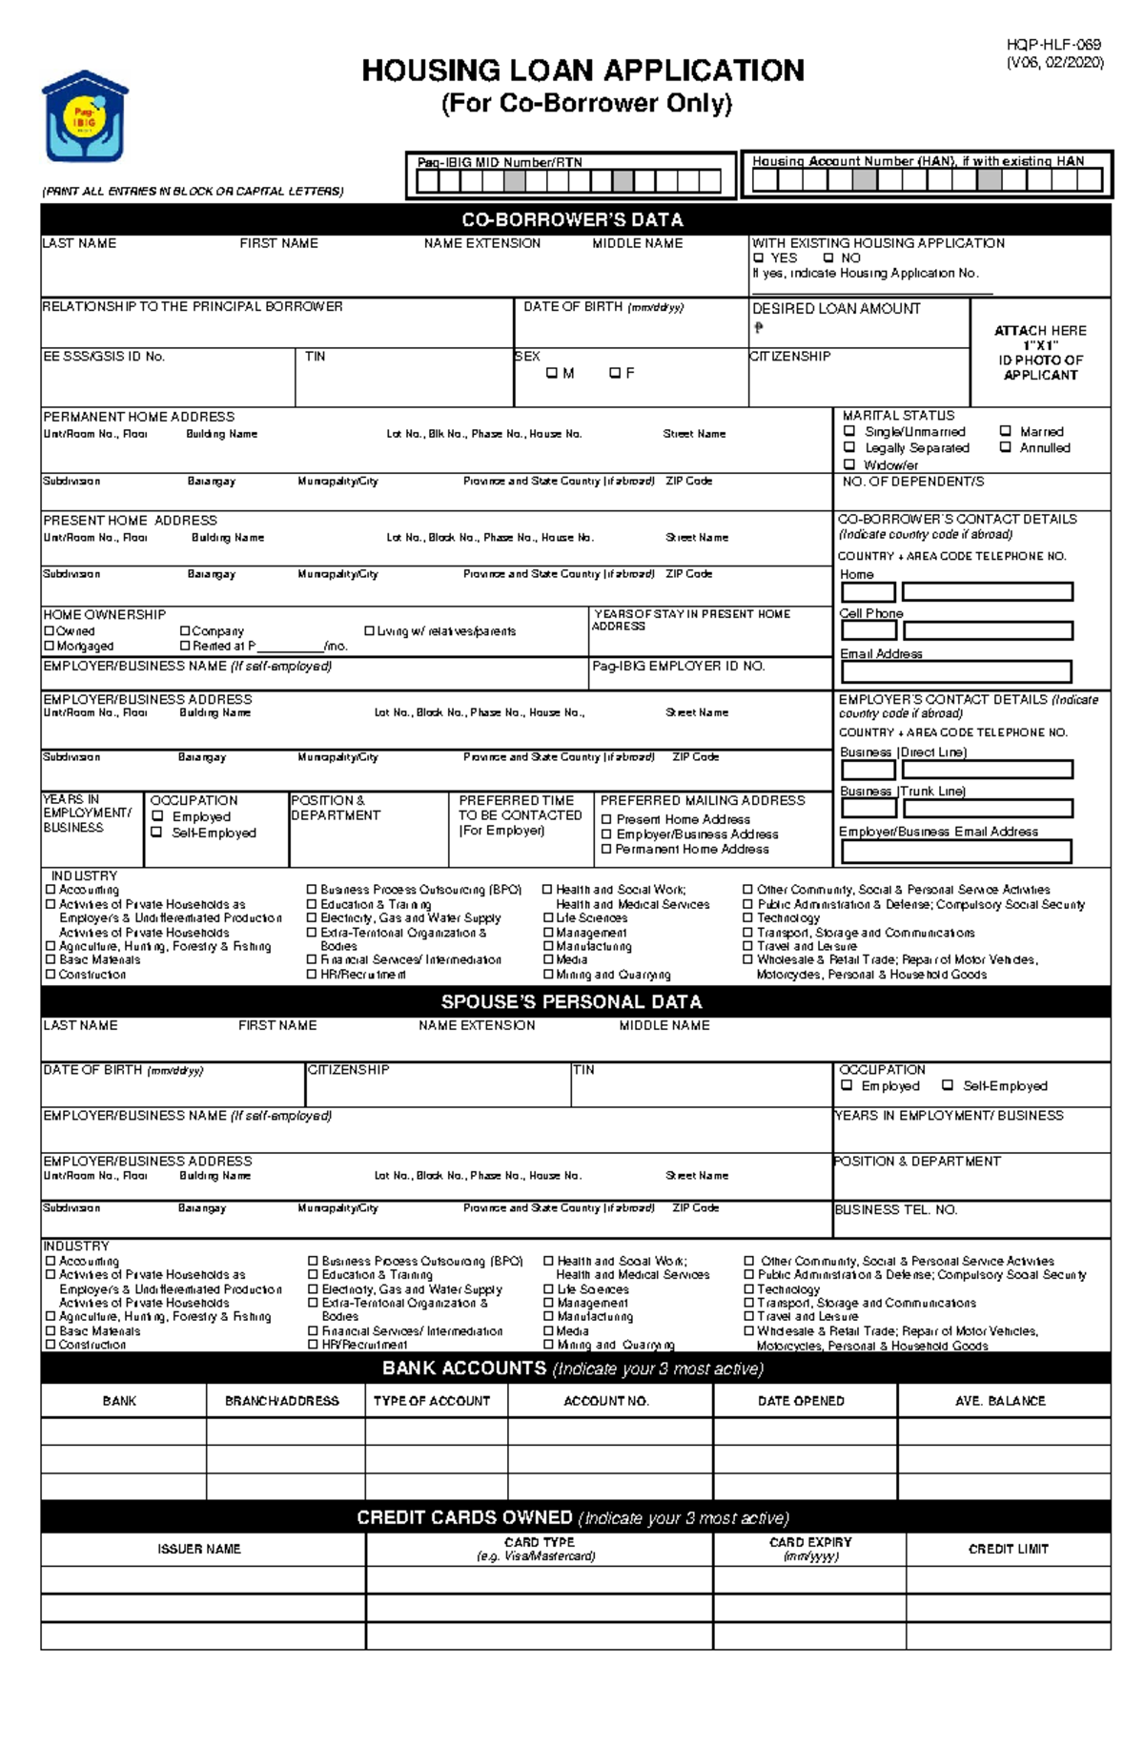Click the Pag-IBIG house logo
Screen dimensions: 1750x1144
click(x=85, y=115)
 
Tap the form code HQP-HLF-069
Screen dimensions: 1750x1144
click(x=1053, y=45)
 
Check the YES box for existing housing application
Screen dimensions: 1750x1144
click(x=759, y=257)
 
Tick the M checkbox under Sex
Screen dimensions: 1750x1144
click(x=551, y=373)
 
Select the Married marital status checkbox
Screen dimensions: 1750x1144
click(x=1005, y=431)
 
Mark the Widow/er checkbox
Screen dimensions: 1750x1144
click(x=849, y=464)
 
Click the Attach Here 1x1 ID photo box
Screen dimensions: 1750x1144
click(x=1040, y=352)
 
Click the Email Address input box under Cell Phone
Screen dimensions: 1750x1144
click(x=955, y=671)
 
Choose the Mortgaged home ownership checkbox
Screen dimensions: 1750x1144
click(x=50, y=646)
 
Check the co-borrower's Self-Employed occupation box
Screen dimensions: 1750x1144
click(x=157, y=833)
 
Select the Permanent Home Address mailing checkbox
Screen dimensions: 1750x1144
click(x=606, y=849)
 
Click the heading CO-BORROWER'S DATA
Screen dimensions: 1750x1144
click(x=573, y=219)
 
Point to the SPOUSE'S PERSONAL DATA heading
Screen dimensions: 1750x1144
click(x=571, y=1001)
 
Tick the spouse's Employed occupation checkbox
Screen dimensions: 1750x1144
click(x=847, y=1085)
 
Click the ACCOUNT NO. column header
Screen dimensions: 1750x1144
click(x=606, y=1401)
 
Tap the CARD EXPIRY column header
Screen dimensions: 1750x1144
click(x=809, y=1548)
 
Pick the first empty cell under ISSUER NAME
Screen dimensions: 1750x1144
click(x=202, y=1579)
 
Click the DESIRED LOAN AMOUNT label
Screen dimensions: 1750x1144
click(x=836, y=309)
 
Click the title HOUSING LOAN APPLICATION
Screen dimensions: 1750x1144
click(x=582, y=71)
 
